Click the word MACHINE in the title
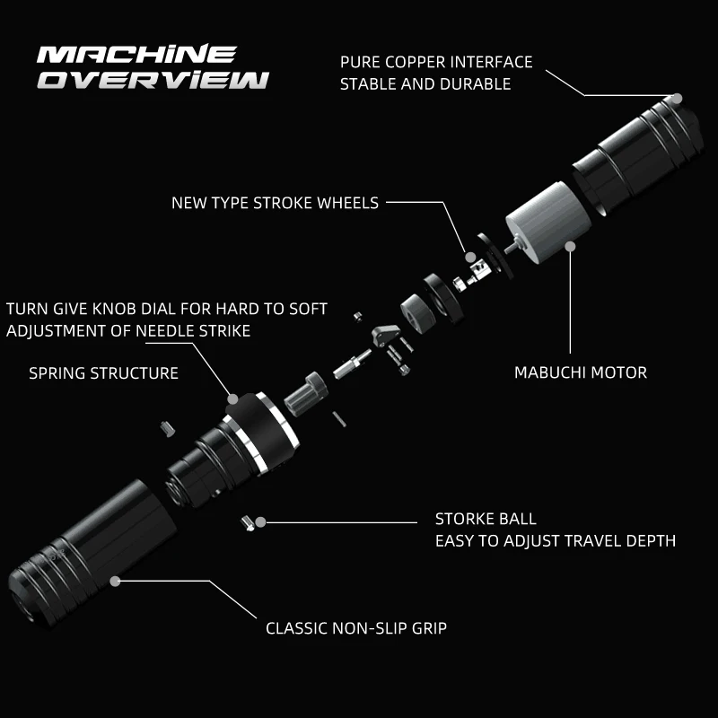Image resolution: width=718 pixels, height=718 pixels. tap(136, 54)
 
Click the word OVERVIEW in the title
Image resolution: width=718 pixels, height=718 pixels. tap(153, 80)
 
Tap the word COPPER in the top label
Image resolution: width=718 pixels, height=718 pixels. tap(416, 62)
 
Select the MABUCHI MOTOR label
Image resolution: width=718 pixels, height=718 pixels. tap(581, 372)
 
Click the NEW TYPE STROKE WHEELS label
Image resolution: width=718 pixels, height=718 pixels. tap(275, 203)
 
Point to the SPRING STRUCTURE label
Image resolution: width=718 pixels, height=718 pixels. tap(103, 373)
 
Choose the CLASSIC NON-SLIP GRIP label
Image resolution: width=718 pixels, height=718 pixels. tap(356, 628)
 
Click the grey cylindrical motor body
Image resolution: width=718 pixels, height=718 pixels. tap(548, 222)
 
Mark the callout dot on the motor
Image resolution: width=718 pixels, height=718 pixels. tap(570, 247)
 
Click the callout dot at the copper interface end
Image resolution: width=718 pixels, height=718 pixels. tap(678, 99)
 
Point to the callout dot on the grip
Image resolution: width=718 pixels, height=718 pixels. tap(115, 582)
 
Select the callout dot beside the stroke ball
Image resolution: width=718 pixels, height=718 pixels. tap(260, 522)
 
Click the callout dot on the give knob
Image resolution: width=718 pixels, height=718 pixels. tap(232, 399)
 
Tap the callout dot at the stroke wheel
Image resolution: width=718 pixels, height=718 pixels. tap(470, 258)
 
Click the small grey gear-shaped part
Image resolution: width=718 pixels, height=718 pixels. tap(306, 394)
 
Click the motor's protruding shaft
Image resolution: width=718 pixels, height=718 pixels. tap(511, 245)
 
